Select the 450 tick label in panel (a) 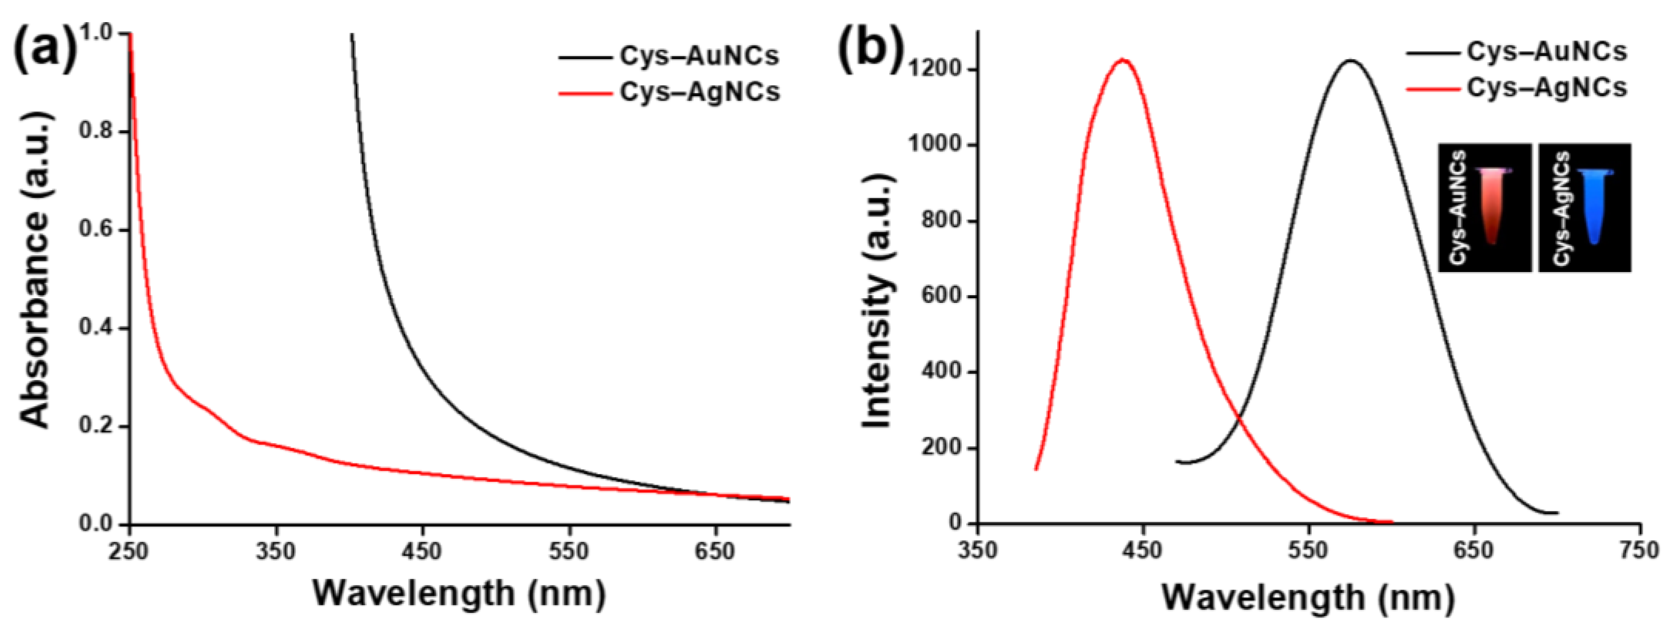(x=423, y=552)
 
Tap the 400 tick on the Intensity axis (x=942, y=372)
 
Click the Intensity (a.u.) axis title (x=877, y=303)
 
